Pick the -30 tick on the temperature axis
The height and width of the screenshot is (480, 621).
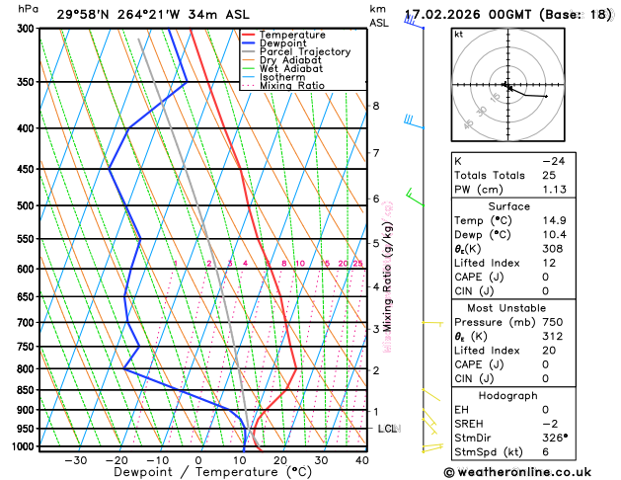point(75,460)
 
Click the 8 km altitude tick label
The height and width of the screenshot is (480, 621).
point(376,106)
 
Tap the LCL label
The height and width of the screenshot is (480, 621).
point(387,429)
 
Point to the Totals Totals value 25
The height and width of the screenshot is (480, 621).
point(551,175)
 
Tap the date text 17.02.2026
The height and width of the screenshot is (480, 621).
point(446,15)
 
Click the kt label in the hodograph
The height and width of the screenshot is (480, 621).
point(458,34)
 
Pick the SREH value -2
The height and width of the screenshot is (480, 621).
point(552,423)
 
